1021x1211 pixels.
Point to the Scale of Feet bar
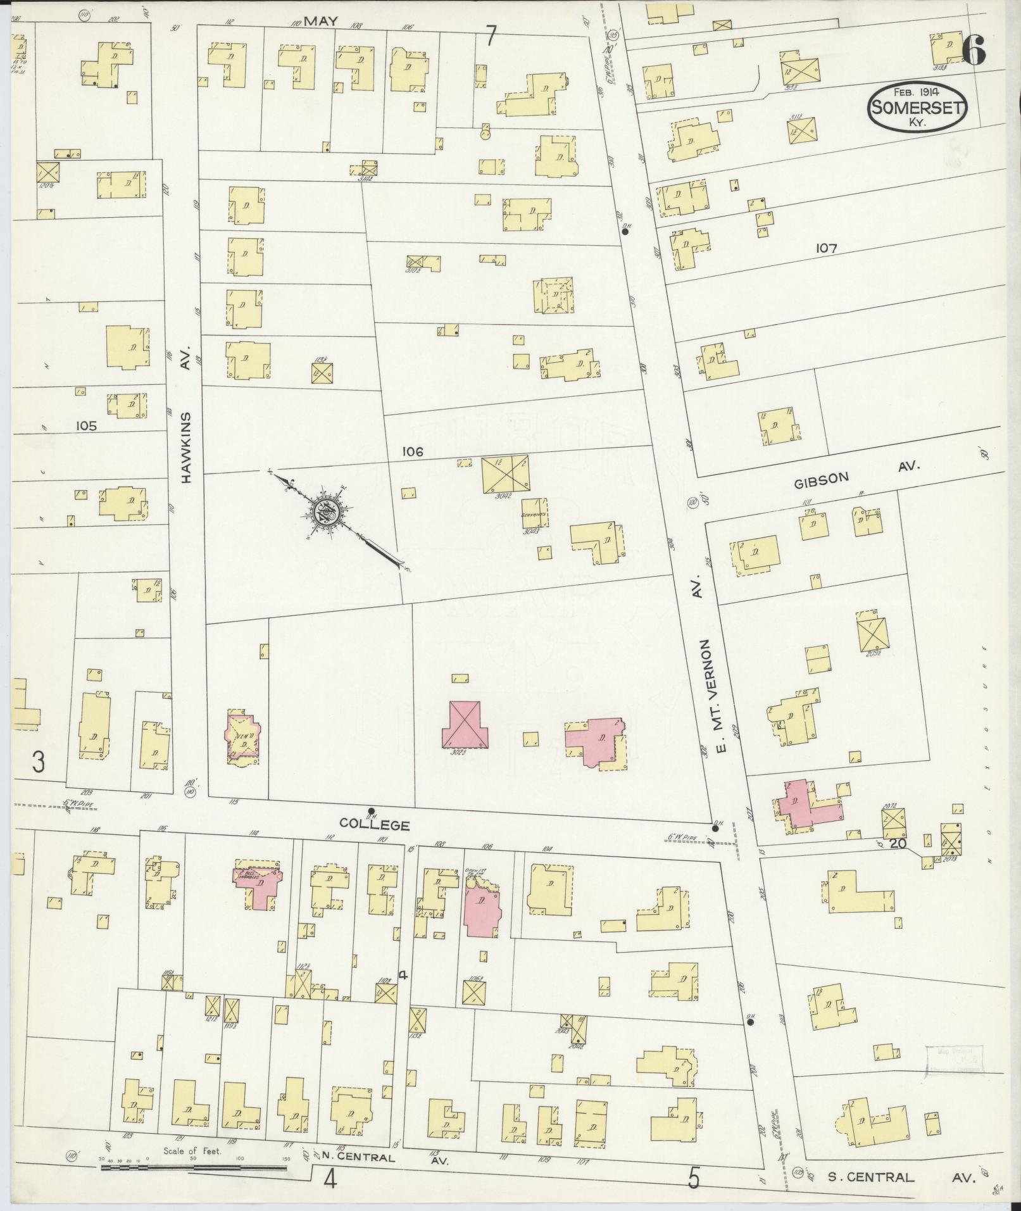pos(193,1166)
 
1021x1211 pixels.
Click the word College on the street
pos(375,824)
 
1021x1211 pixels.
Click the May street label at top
pos(321,21)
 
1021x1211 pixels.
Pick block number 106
pos(411,451)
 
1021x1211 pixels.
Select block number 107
pos(826,249)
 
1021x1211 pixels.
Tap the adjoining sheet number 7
pos(491,36)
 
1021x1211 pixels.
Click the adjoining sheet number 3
pos(38,763)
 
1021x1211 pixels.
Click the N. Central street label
pos(358,1176)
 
